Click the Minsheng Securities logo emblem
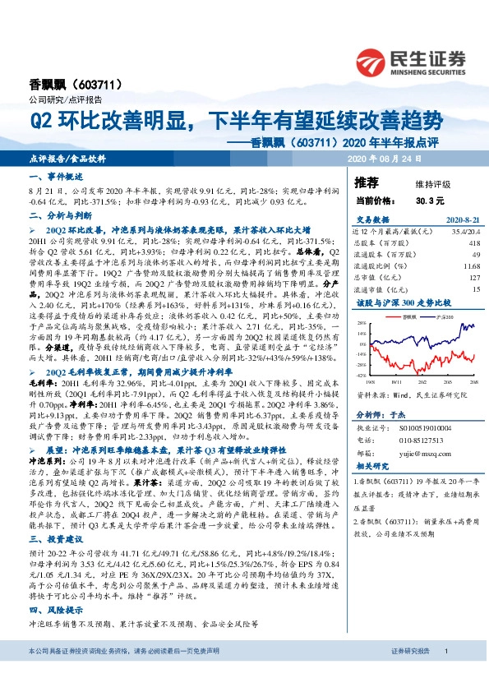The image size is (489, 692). pyautogui.click(x=371, y=62)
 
